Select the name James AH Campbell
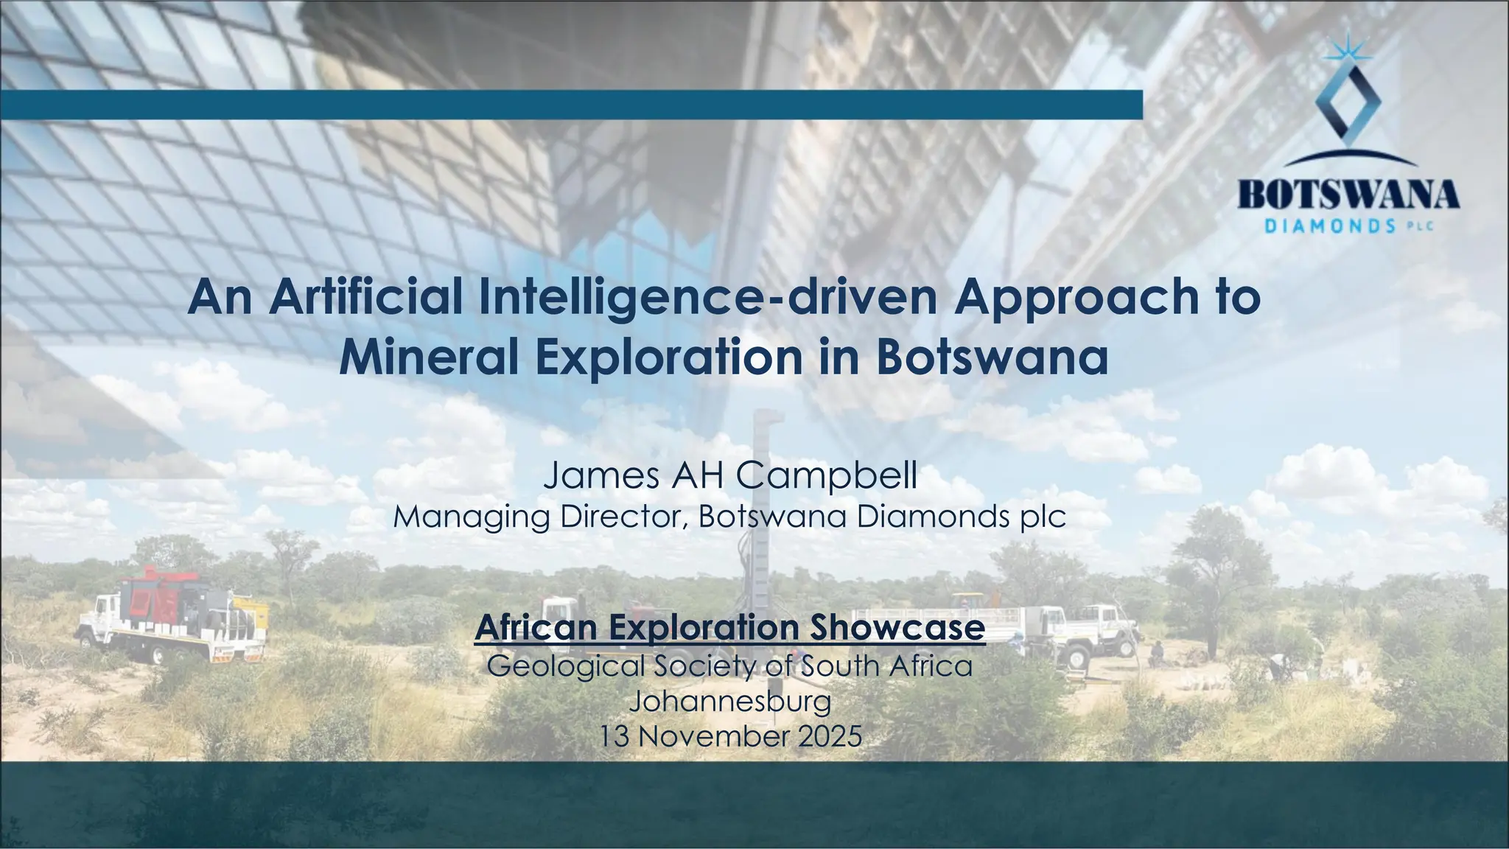click(730, 475)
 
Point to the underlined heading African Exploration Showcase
click(730, 628)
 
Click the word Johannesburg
click(730, 701)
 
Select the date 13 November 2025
click(730, 736)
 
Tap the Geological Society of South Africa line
click(730, 666)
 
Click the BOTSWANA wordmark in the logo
click(1348, 195)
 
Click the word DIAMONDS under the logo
click(1329, 226)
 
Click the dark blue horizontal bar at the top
click(571, 105)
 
